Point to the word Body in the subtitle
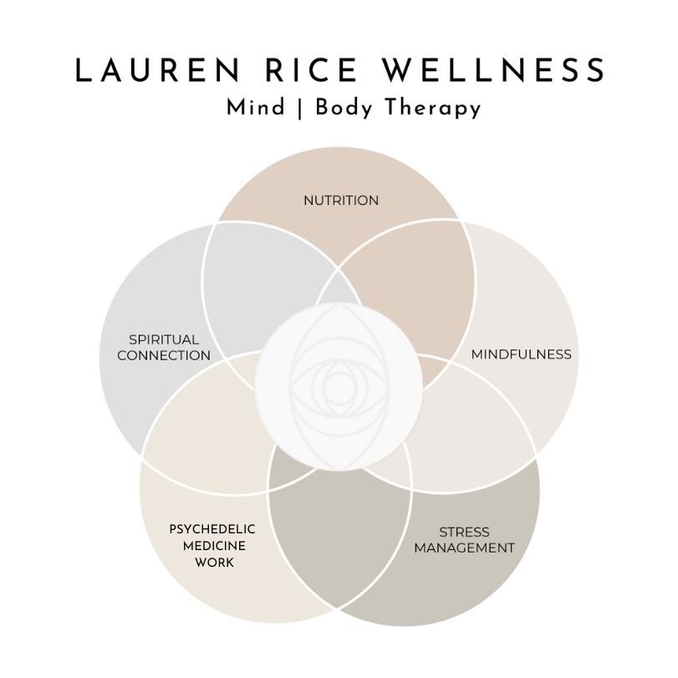click(x=331, y=109)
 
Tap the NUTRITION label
click(x=341, y=201)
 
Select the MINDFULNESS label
click(x=522, y=354)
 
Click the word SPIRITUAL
click(x=164, y=340)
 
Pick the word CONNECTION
click(x=164, y=356)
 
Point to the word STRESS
click(x=464, y=533)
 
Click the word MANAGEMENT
click(x=464, y=548)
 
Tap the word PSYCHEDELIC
click(x=212, y=529)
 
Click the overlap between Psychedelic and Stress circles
click(x=338, y=535)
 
